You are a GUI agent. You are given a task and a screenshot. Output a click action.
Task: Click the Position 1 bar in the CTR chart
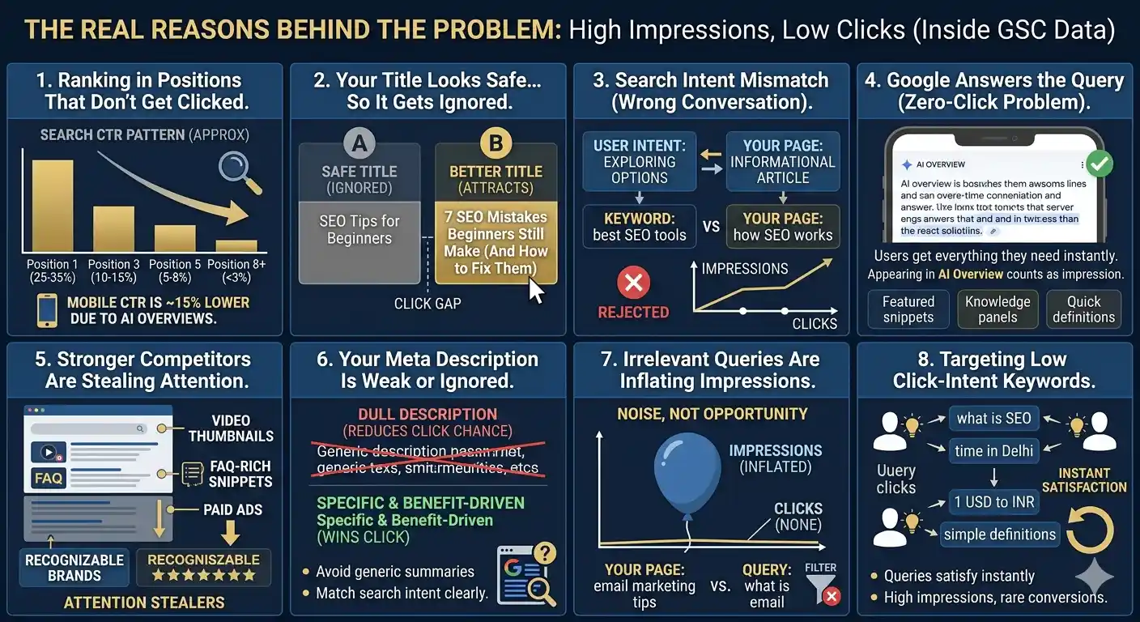[53, 206]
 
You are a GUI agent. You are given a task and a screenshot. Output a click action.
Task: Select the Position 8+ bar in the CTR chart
[236, 245]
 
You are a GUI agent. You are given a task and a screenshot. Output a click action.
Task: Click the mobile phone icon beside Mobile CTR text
[48, 311]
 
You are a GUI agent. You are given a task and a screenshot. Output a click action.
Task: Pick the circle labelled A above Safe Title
[359, 145]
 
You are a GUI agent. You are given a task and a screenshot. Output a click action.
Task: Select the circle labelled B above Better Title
[496, 145]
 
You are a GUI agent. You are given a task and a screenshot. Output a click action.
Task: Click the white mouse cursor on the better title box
[536, 288]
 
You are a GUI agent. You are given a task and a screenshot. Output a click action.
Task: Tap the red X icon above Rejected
[633, 283]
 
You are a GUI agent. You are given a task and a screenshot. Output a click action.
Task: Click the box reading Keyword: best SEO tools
[639, 227]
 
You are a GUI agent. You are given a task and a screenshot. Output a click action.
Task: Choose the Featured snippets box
[908, 309]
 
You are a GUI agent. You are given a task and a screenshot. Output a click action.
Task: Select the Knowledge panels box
[997, 309]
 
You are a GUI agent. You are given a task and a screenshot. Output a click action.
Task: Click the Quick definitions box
[1083, 309]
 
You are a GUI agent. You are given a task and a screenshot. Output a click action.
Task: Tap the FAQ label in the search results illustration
[49, 478]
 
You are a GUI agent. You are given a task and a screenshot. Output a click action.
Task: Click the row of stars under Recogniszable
[203, 575]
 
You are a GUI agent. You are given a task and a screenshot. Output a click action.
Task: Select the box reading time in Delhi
[994, 451]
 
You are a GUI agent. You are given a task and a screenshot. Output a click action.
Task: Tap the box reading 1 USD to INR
[994, 502]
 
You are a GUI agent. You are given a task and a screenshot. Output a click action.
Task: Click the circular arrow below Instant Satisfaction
[1089, 530]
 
